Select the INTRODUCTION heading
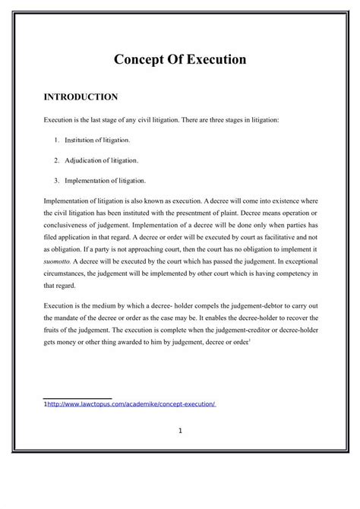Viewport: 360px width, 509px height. point(80,97)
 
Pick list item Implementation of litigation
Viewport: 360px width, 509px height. point(106,181)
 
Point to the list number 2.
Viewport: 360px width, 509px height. point(57,161)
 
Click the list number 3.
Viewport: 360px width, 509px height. point(57,181)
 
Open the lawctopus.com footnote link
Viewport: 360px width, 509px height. point(132,405)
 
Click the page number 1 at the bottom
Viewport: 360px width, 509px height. point(181,432)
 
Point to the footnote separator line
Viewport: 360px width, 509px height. point(77,397)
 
